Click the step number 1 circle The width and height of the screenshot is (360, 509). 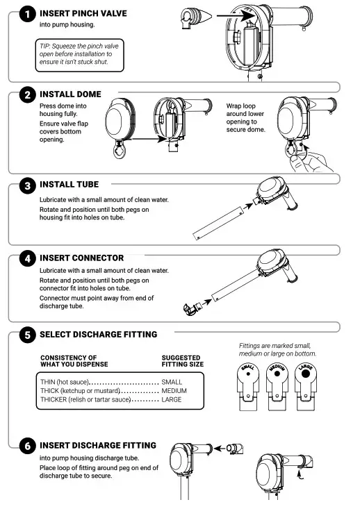(x=27, y=14)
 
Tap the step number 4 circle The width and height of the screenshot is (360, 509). (x=27, y=259)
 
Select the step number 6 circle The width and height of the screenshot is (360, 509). (x=27, y=446)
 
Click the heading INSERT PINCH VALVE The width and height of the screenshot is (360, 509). (x=83, y=14)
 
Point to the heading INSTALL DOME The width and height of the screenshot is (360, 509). (x=70, y=94)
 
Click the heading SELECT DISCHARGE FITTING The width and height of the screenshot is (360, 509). (x=99, y=334)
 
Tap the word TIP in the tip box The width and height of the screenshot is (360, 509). (x=44, y=46)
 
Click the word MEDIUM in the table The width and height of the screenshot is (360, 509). (x=174, y=391)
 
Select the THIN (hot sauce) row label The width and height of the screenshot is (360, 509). (x=65, y=382)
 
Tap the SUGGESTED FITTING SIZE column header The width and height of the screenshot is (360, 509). (x=183, y=361)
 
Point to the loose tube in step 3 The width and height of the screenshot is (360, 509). (x=218, y=223)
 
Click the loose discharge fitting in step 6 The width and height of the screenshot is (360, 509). (x=235, y=449)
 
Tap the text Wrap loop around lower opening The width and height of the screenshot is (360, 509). (x=245, y=118)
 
